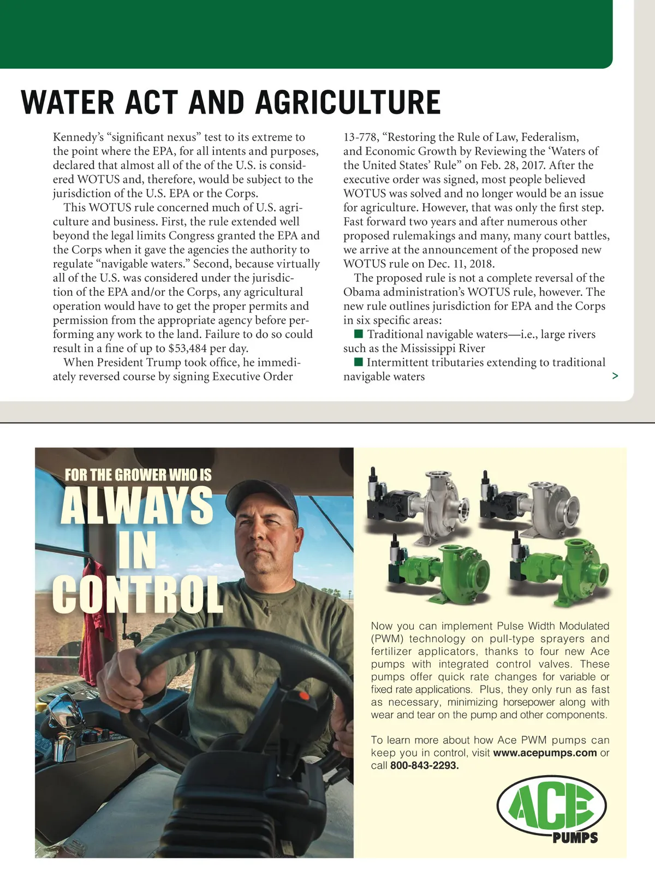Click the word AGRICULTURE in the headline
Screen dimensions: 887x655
tap(348, 103)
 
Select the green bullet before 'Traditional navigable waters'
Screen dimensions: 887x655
tap(359, 334)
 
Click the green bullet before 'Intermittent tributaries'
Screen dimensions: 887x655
tap(359, 362)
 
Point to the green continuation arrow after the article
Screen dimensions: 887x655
tap(615, 376)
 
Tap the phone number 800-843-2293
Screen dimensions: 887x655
tap(424, 765)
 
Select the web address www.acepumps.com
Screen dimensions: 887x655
tap(545, 753)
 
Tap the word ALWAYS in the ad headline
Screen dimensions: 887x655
tap(136, 505)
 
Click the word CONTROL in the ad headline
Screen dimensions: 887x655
tap(138, 593)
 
